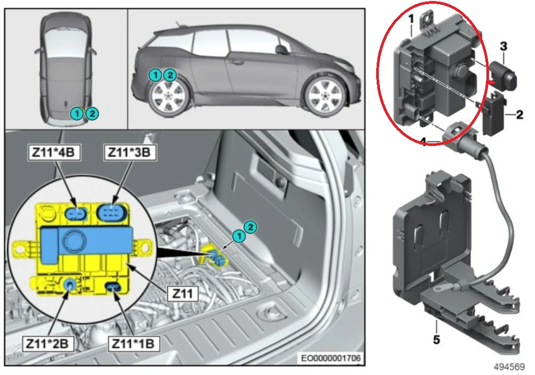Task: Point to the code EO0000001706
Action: [330, 358]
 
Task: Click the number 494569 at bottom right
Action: [511, 367]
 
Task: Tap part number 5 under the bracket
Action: [436, 340]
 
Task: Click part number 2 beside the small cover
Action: [519, 115]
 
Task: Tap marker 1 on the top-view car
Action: [78, 114]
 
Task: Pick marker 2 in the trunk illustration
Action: [251, 227]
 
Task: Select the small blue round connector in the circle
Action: [69, 284]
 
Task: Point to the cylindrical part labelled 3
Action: [503, 75]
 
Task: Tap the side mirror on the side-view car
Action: [281, 49]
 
